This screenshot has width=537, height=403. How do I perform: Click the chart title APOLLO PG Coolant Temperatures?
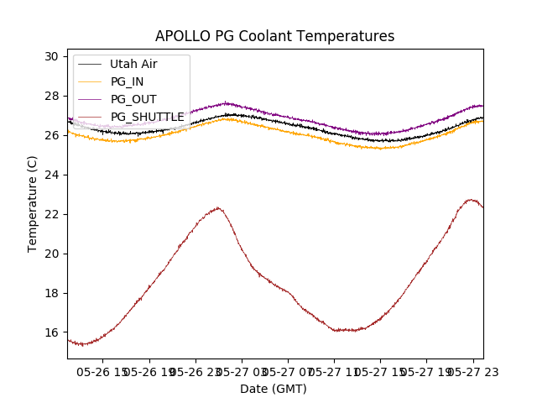pyautogui.click(x=274, y=36)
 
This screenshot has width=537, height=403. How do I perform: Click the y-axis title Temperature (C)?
pyautogui.click(x=33, y=203)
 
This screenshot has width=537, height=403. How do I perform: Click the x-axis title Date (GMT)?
pyautogui.click(x=274, y=389)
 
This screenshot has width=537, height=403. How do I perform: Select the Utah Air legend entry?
pyautogui.click(x=133, y=64)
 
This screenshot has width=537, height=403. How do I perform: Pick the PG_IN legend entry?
pyautogui.click(x=127, y=81)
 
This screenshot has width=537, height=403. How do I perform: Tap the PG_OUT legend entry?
pyautogui.click(x=133, y=99)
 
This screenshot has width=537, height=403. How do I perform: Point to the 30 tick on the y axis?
pyautogui.click(x=52, y=56)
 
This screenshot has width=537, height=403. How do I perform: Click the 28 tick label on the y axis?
pyautogui.click(x=52, y=96)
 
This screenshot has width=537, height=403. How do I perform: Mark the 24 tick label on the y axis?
pyautogui.click(x=52, y=175)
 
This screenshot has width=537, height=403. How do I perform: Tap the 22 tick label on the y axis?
pyautogui.click(x=52, y=214)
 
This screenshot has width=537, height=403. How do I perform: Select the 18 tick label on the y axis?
pyautogui.click(x=52, y=293)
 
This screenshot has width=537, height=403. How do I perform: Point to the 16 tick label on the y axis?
pyautogui.click(x=52, y=332)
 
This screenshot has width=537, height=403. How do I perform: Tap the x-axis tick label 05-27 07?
pyautogui.click(x=288, y=371)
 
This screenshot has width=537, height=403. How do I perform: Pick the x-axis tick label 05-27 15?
pyautogui.click(x=380, y=371)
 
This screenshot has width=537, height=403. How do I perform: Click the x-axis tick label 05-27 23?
pyautogui.click(x=472, y=371)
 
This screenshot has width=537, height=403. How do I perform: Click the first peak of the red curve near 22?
pyautogui.click(x=218, y=207)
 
